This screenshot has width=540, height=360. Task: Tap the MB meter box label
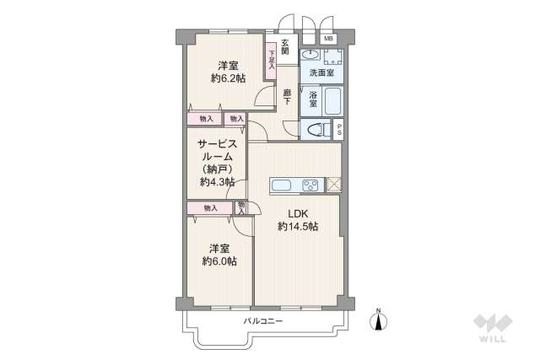click(x=328, y=39)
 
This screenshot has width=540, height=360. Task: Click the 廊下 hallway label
click(x=287, y=97)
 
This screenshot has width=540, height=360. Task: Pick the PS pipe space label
click(x=338, y=131)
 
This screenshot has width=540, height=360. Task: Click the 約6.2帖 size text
click(x=229, y=78)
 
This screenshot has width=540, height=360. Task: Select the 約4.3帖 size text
click(x=217, y=181)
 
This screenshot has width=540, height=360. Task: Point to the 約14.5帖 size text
click(x=298, y=227)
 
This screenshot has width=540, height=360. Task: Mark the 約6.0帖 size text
click(x=219, y=261)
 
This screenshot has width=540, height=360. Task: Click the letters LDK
click(x=298, y=213)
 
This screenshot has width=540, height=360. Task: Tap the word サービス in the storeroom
click(x=218, y=143)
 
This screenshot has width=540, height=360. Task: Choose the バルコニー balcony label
click(x=263, y=322)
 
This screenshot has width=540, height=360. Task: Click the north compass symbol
click(x=379, y=321)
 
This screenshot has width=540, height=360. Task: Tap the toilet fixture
click(x=317, y=130)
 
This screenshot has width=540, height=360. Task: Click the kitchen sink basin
click(x=280, y=185)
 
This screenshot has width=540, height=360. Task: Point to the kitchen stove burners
click(x=310, y=185)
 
